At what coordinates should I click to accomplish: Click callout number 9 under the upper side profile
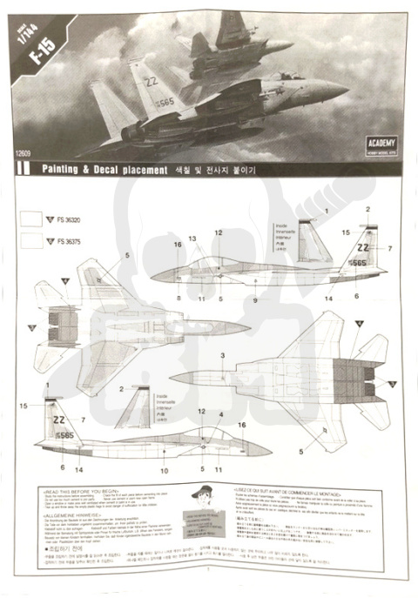point(255,299)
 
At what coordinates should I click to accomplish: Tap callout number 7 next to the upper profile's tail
point(390,249)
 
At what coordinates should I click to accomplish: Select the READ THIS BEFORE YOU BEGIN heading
point(78,490)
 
